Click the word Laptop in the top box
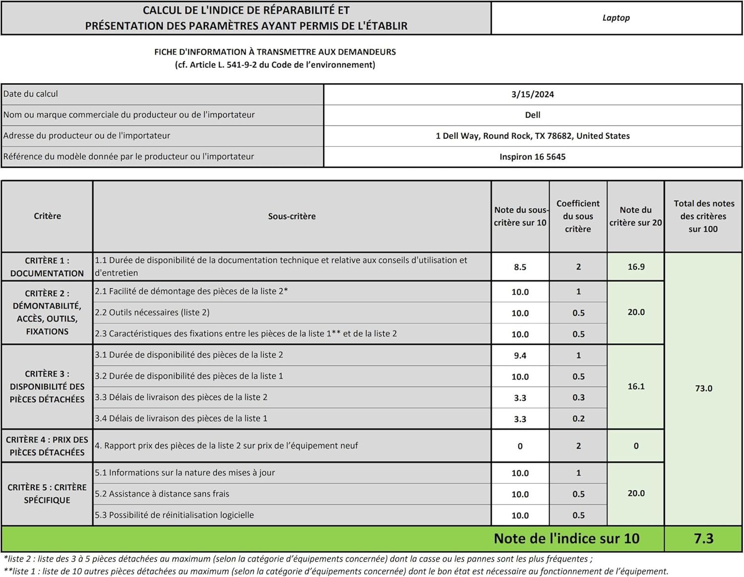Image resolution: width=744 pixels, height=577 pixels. point(616,18)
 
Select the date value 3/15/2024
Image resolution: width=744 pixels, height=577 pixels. point(532,94)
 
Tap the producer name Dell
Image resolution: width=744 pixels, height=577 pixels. point(532,115)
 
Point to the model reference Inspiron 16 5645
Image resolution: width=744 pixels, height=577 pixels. point(532,157)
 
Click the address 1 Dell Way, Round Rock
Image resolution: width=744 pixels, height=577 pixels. point(532,136)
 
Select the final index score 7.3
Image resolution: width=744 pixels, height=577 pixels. point(703,538)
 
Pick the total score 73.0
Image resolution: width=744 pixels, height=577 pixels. point(703,388)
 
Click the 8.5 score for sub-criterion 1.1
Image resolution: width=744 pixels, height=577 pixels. point(520,267)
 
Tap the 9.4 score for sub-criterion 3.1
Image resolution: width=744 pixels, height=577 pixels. point(520,356)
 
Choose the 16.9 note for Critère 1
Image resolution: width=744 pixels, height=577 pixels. point(636,267)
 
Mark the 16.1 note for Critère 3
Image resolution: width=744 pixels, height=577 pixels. point(636,386)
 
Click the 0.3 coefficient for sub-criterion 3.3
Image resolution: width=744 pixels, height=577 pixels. point(578,398)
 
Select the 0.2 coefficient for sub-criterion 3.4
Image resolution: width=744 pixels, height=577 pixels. point(578,419)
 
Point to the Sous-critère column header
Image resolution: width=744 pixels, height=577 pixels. point(292,216)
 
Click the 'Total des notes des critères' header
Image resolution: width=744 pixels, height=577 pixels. point(703,216)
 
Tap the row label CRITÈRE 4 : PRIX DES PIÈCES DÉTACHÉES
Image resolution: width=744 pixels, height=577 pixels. point(47,446)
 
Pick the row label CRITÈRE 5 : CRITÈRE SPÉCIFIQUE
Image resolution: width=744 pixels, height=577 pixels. point(47,494)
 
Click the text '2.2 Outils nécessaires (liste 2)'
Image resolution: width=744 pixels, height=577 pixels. point(152,313)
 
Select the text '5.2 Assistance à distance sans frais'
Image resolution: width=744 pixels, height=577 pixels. point(162,494)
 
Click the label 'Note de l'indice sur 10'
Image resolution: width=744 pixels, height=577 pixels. point(566,538)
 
